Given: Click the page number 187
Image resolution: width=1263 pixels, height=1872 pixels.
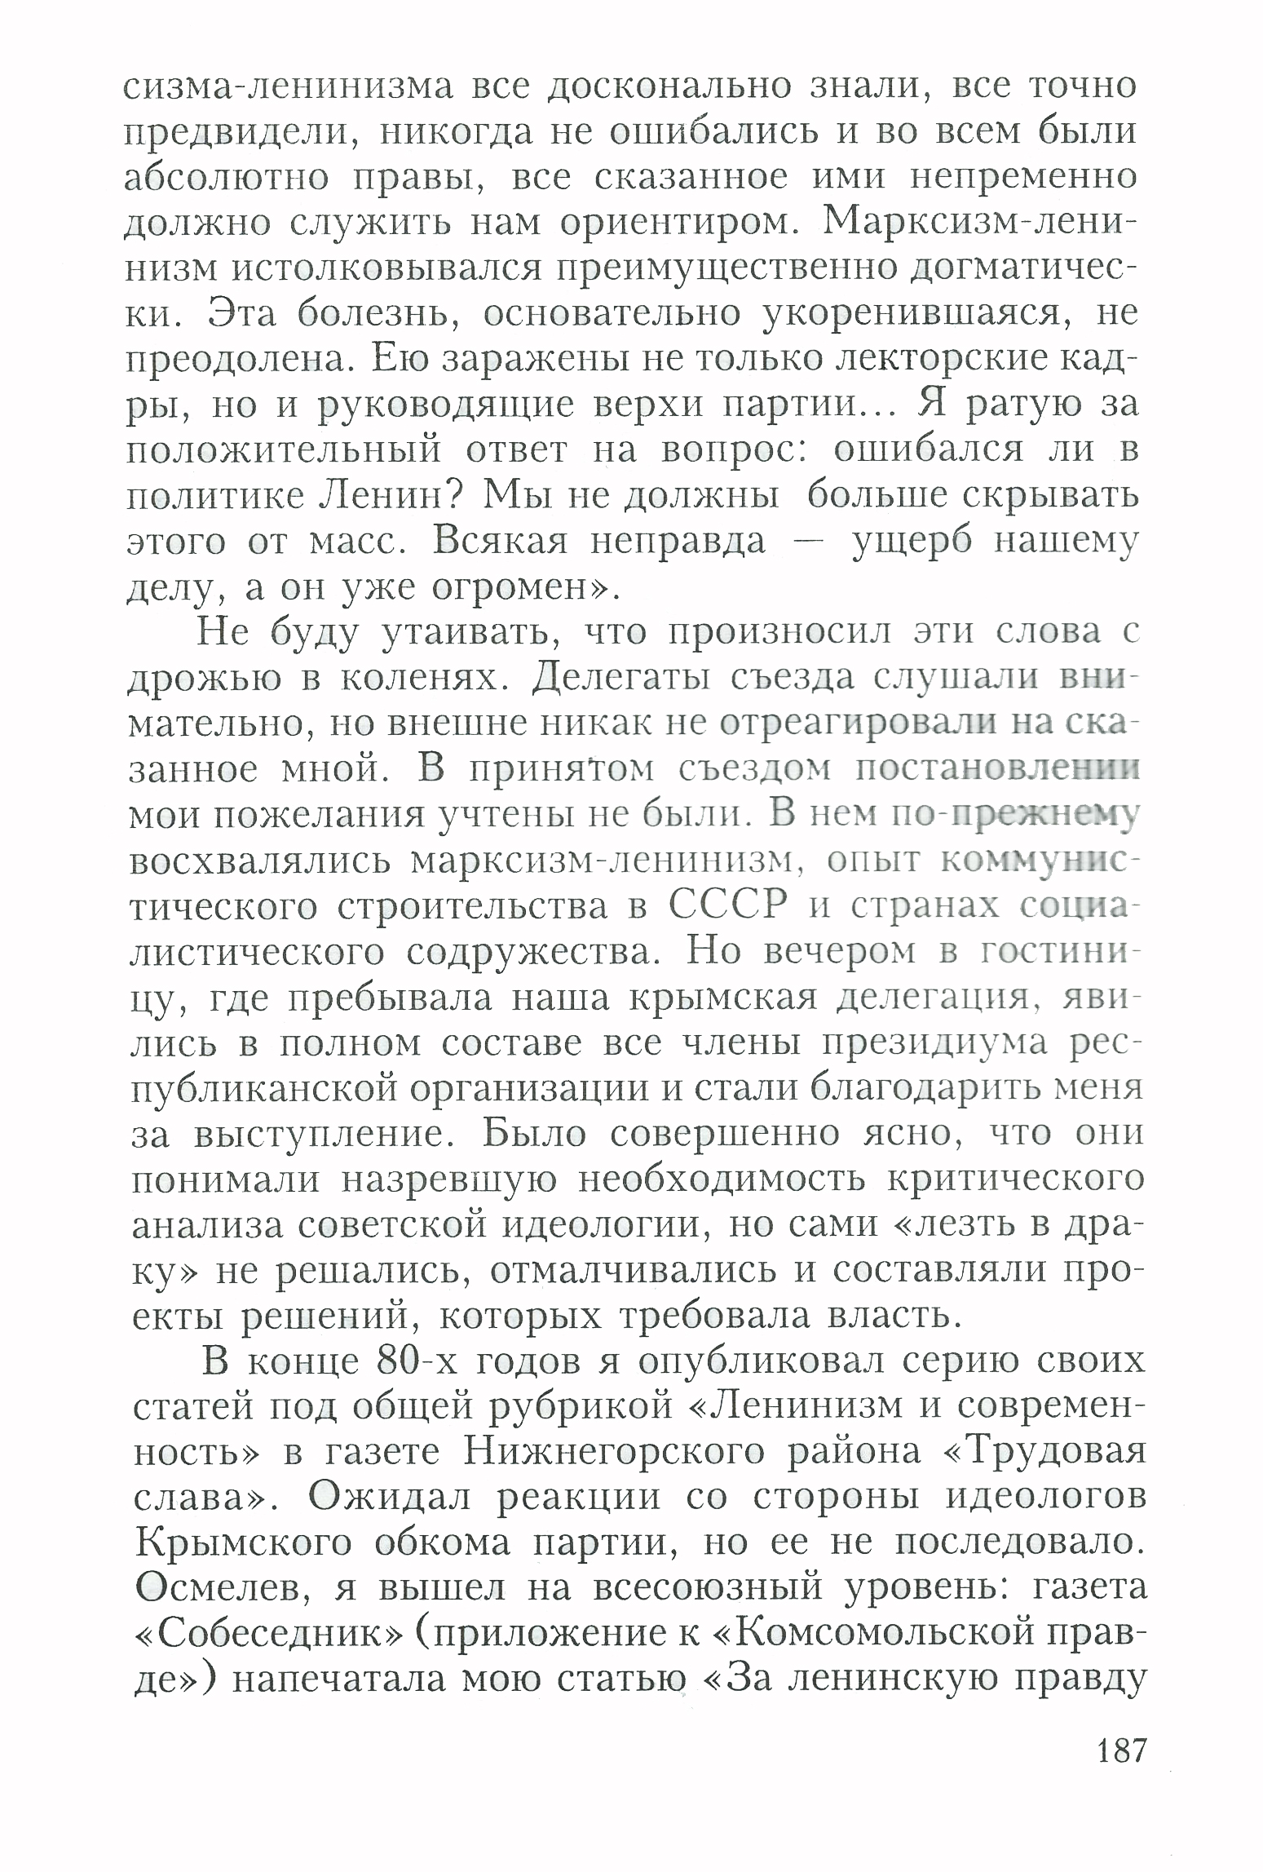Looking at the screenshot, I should pos(1121,1751).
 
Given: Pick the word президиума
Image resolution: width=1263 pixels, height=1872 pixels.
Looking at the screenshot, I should pos(935,1044).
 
